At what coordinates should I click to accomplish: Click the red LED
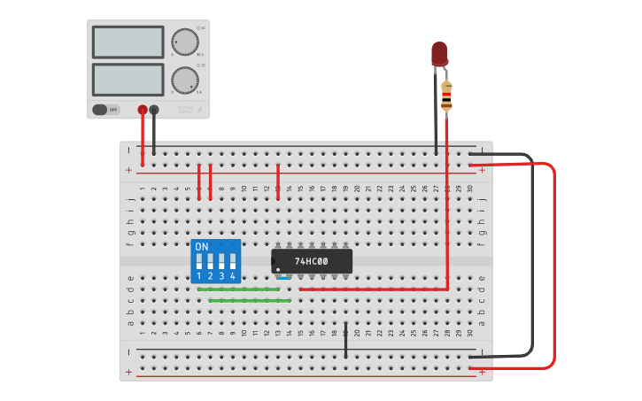pos(439,53)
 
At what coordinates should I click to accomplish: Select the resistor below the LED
pos(446,95)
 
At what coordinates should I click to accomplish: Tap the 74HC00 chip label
pos(312,261)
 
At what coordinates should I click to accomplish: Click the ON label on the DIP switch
pos(202,246)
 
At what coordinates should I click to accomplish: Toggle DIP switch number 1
pos(199,262)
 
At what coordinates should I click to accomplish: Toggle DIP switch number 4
pos(233,262)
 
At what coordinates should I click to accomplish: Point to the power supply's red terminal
pos(143,110)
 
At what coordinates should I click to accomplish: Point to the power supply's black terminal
pos(154,110)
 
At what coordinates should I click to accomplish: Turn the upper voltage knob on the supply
pos(184,42)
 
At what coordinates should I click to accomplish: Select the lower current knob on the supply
pos(184,80)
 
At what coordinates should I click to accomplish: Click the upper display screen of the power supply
pos(128,42)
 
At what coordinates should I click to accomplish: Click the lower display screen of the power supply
pos(128,79)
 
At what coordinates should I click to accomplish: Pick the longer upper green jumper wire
pos(238,289)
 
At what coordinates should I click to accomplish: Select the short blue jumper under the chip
pos(283,278)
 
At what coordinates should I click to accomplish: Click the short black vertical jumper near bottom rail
pos(345,341)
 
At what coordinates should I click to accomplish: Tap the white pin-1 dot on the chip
pos(278,268)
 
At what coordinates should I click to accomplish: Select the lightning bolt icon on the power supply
pos(200,111)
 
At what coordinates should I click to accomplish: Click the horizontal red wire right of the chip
pos(372,289)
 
